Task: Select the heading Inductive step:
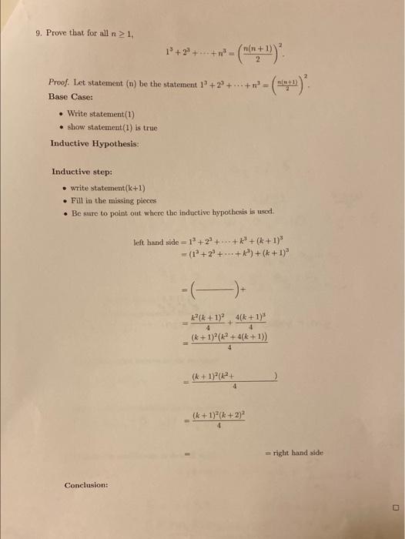(x=81, y=172)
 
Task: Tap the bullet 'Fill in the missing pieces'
(x=112, y=199)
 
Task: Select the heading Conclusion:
(x=85, y=485)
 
